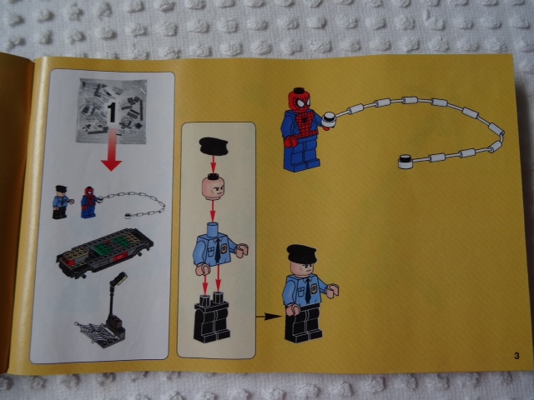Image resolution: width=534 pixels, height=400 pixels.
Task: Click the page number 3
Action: [516, 356]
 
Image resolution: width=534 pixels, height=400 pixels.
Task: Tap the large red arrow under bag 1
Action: [111, 150]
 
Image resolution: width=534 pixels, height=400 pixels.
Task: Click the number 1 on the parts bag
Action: [112, 112]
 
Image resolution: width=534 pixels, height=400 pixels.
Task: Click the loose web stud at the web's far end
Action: [406, 162]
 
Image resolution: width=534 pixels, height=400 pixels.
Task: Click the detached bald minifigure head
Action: [213, 187]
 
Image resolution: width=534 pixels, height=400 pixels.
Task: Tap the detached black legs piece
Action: [212, 317]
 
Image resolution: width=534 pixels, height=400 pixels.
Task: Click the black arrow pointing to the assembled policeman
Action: [269, 317]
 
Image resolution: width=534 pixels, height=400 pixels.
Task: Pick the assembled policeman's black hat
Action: [301, 253]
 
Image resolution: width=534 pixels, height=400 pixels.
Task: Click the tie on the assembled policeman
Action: [308, 290]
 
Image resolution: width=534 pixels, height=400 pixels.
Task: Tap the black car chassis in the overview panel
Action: [105, 252]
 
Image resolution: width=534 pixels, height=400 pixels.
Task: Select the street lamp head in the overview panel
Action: [119, 280]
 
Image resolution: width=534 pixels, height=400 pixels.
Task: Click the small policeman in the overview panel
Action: [62, 202]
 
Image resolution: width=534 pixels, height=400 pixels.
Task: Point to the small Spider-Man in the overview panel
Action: [89, 202]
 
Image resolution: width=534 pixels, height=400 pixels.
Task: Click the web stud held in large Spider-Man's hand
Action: [330, 119]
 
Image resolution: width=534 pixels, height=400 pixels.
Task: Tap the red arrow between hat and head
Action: [214, 165]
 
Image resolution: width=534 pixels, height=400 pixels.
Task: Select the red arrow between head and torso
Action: [213, 211]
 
